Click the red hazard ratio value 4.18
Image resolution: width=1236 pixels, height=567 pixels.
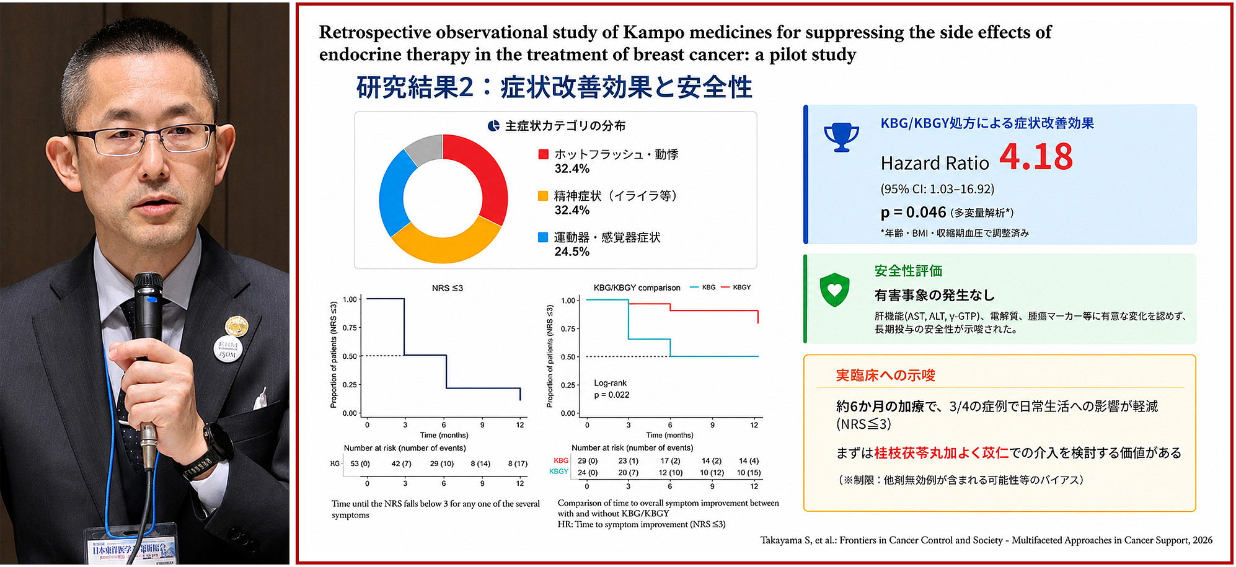1036,157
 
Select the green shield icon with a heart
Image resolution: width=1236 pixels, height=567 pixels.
834,289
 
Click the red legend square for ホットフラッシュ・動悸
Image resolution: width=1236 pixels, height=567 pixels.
544,154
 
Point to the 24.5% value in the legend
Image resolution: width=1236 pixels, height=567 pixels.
572,252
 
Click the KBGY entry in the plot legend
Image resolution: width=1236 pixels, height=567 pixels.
736,288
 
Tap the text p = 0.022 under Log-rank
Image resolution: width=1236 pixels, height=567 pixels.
611,395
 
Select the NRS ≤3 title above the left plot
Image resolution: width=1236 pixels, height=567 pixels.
447,288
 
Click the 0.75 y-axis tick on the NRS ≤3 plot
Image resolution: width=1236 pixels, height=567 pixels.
350,328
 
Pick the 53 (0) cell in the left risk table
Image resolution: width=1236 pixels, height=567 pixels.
360,464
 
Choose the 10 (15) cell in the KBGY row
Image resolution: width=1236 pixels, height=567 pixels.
749,473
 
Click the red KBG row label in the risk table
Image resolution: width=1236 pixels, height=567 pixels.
561,461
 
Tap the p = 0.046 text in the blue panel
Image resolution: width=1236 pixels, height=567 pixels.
913,213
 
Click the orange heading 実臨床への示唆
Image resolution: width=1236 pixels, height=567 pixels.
885,376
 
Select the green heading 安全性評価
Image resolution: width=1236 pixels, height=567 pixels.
908,271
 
